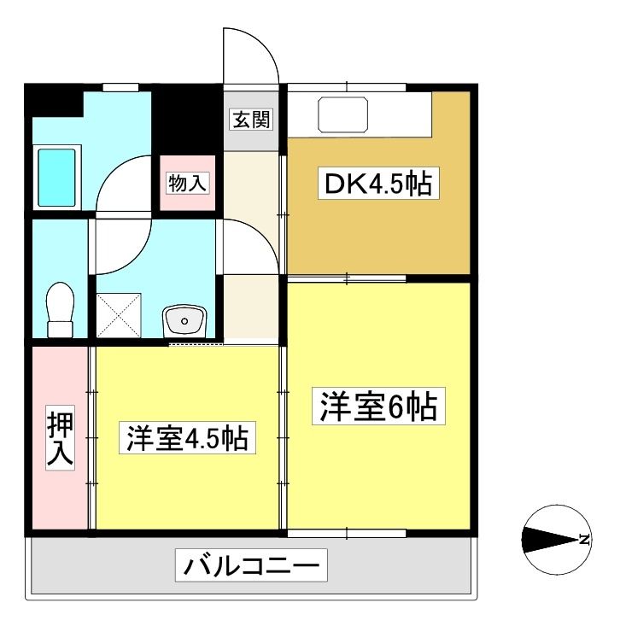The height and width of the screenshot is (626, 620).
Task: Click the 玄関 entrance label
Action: click(x=252, y=119)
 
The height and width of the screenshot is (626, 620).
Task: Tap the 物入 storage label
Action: click(x=187, y=184)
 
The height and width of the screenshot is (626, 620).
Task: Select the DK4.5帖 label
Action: click(x=378, y=184)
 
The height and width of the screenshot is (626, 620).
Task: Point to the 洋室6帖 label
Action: click(x=378, y=406)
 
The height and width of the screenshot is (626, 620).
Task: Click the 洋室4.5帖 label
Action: click(x=187, y=438)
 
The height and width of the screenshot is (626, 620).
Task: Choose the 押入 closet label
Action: click(x=61, y=437)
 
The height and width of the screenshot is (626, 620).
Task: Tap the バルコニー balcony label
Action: click(x=252, y=565)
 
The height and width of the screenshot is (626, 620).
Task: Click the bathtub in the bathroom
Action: click(x=57, y=178)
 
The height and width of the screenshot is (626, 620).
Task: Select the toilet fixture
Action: click(x=61, y=310)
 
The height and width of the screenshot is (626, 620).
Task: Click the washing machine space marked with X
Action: click(x=119, y=315)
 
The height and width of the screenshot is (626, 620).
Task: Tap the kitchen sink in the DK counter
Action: click(x=343, y=114)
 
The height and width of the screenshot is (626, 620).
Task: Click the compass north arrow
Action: click(x=550, y=540)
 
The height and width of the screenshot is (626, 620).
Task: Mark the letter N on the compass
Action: click(x=584, y=540)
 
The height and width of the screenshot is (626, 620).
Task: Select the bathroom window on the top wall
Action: click(x=120, y=87)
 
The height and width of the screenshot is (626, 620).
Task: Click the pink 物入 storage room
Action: click(x=188, y=183)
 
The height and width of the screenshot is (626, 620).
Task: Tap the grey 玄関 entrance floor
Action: click(x=251, y=121)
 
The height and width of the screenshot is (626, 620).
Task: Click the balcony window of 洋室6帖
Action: click(x=347, y=533)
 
